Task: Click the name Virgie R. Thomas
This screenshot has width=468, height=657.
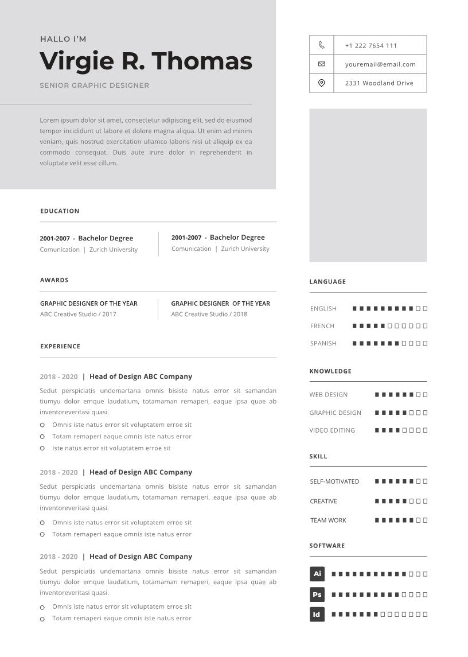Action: tap(146, 61)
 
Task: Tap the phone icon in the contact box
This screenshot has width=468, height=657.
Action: tap(321, 45)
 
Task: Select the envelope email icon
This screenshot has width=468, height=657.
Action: tap(321, 64)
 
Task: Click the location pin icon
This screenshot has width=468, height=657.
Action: tap(321, 83)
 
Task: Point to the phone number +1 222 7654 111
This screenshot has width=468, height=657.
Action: tap(370, 45)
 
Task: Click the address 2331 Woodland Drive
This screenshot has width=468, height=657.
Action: tap(379, 83)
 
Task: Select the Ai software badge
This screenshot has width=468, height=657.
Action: tap(317, 574)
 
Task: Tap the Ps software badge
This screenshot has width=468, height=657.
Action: tap(317, 594)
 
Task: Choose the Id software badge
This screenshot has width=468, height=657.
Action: tap(317, 615)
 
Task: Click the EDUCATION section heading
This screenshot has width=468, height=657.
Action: tap(60, 211)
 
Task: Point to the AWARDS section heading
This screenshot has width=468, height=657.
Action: tap(54, 280)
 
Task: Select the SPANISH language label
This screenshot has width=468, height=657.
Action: tap(323, 344)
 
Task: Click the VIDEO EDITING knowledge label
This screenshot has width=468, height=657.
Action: tap(332, 430)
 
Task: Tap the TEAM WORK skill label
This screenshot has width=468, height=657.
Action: tap(328, 520)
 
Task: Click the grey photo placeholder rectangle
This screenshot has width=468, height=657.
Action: tap(368, 185)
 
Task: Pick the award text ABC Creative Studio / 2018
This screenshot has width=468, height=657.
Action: tap(209, 314)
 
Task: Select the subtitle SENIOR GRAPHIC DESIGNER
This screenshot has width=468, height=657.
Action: tap(95, 85)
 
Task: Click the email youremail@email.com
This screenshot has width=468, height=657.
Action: tap(380, 64)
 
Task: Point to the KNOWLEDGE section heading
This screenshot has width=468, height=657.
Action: tap(330, 371)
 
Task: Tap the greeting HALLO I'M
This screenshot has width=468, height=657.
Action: tap(63, 39)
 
